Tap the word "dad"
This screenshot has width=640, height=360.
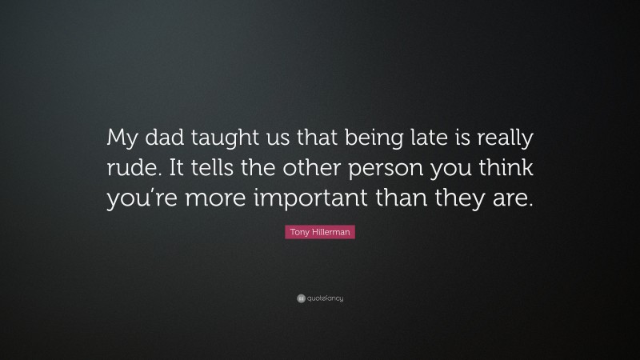(x=165, y=139)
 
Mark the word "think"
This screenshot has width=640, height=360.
(x=506, y=170)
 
